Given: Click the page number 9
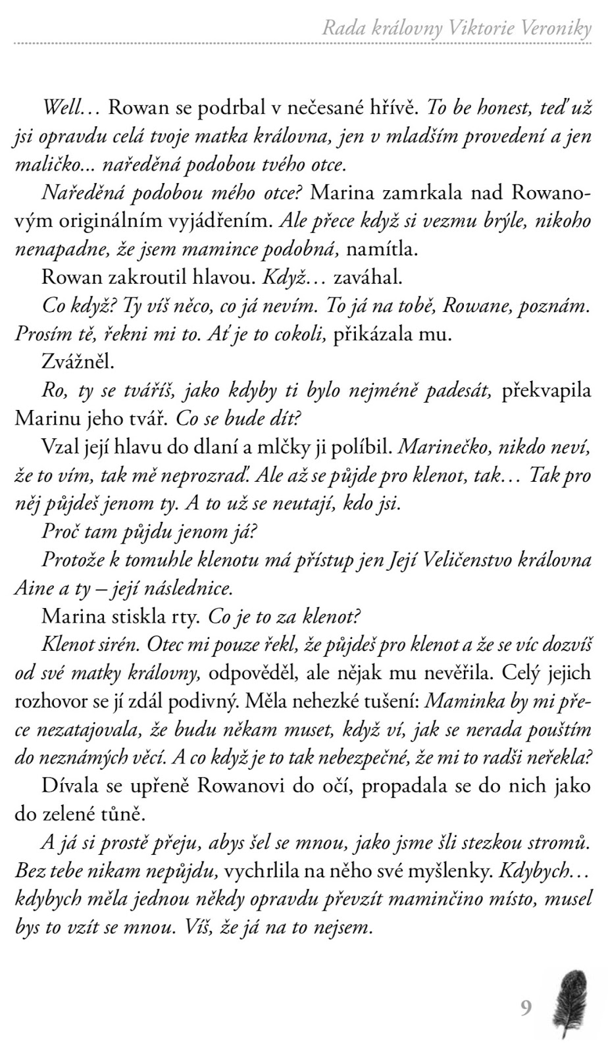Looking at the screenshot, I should pyautogui.click(x=526, y=1008).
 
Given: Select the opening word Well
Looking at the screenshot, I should pyautogui.click(x=63, y=107).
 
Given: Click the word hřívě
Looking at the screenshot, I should pyautogui.click(x=392, y=107).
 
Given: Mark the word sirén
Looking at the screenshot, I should pyautogui.click(x=120, y=645).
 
